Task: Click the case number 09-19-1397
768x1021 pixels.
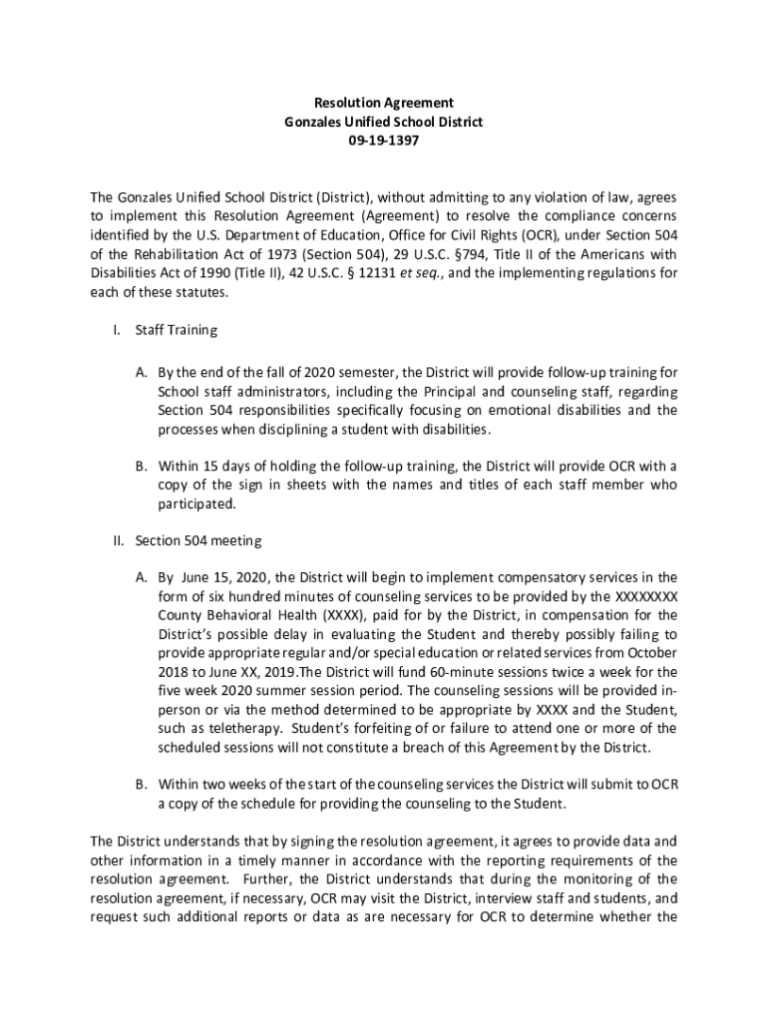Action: click(384, 141)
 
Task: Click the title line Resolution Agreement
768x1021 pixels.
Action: click(384, 103)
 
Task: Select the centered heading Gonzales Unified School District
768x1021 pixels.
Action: click(384, 122)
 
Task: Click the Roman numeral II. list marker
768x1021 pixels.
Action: click(117, 540)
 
